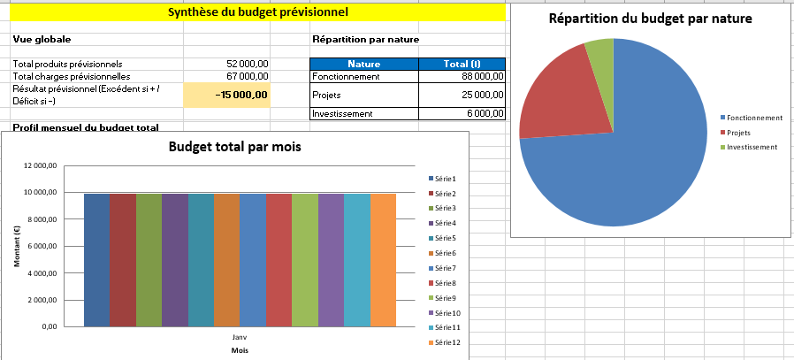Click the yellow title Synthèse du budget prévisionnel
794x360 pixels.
point(257,12)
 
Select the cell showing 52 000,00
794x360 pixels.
point(248,64)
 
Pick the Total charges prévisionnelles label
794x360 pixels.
point(67,76)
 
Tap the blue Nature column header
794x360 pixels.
point(363,64)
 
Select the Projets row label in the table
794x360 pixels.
point(327,95)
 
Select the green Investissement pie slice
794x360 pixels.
point(600,55)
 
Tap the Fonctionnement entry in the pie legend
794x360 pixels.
point(753,118)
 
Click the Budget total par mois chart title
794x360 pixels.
point(234,147)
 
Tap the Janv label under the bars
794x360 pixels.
point(240,338)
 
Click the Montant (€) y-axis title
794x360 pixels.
point(18,246)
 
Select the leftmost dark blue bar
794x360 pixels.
point(96,260)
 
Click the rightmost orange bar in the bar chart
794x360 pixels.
point(384,260)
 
